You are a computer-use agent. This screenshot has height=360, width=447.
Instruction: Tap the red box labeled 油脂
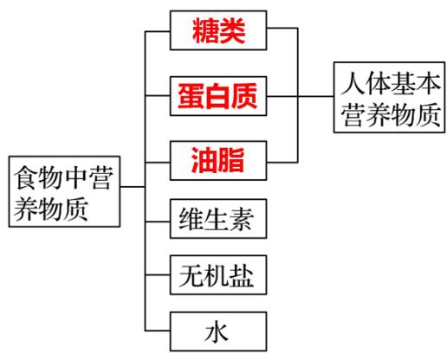click(219, 157)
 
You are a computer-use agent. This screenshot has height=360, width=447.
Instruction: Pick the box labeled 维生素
click(219, 218)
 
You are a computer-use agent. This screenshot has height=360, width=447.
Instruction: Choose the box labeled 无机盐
click(219, 275)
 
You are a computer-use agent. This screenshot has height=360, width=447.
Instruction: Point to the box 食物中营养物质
click(62, 192)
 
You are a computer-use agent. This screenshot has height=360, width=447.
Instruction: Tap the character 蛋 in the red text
click(191, 93)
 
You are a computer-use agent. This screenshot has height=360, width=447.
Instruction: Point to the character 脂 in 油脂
click(234, 157)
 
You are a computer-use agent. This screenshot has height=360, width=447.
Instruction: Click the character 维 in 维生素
click(192, 218)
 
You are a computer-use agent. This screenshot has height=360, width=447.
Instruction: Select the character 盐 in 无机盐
click(246, 275)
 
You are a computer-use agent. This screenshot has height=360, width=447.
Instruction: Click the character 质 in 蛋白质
click(247, 93)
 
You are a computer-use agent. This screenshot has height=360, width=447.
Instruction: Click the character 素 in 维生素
click(246, 218)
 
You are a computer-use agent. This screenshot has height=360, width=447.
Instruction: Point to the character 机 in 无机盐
click(219, 275)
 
